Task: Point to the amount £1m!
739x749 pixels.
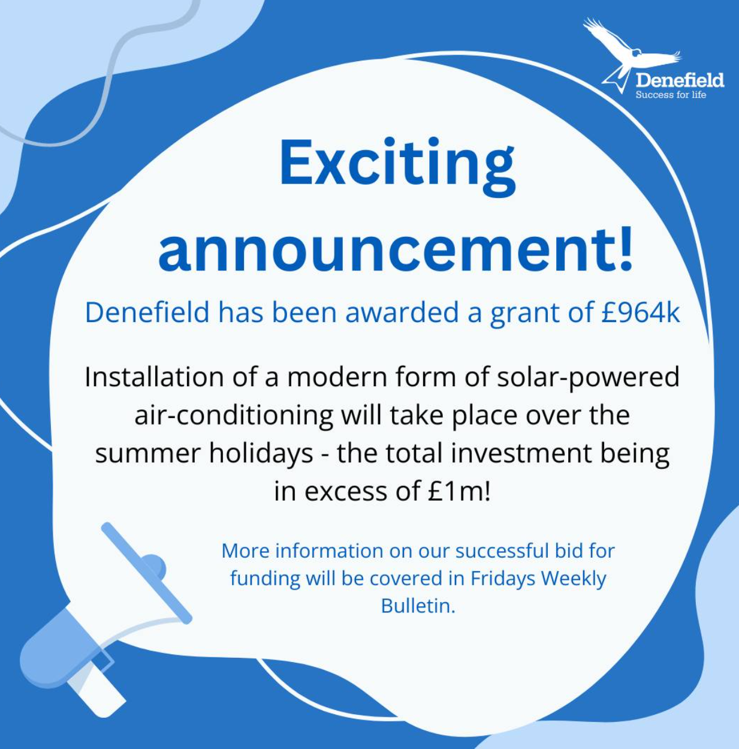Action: click(459, 491)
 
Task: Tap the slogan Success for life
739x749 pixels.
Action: click(671, 95)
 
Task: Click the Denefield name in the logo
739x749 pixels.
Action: click(680, 80)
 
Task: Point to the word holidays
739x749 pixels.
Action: click(261, 454)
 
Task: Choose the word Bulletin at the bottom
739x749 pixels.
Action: click(418, 606)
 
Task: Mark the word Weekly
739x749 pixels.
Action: click(574, 579)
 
